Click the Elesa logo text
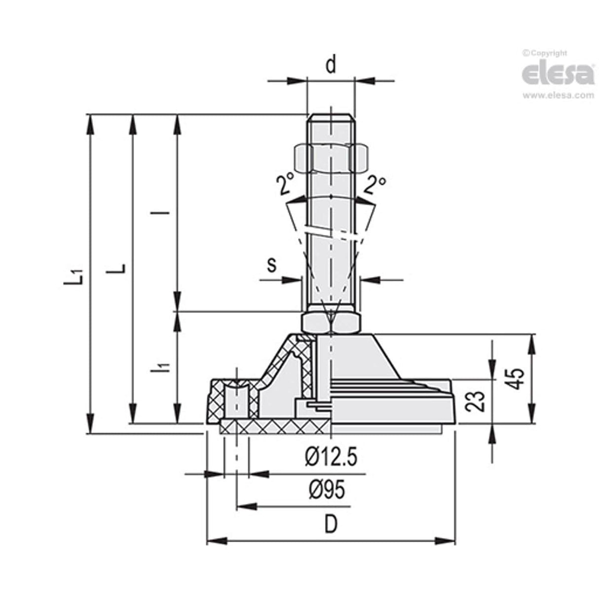click(558, 75)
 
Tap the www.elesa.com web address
click(558, 96)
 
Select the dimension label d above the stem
click(331, 65)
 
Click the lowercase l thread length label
click(166, 213)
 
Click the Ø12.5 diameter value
click(331, 458)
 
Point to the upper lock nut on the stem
click(331, 157)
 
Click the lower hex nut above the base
click(331, 323)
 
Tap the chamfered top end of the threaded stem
click(331, 118)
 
